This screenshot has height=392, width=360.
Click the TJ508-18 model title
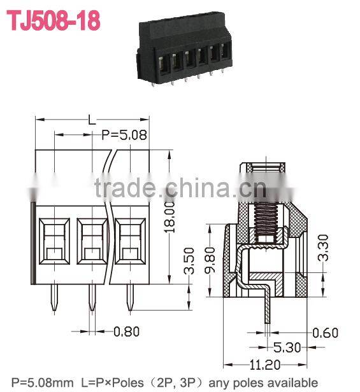(x=53, y=20)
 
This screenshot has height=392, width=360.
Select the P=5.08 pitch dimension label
(x=125, y=134)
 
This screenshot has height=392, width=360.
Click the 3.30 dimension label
(x=324, y=251)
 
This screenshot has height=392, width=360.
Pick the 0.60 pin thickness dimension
(x=326, y=332)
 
